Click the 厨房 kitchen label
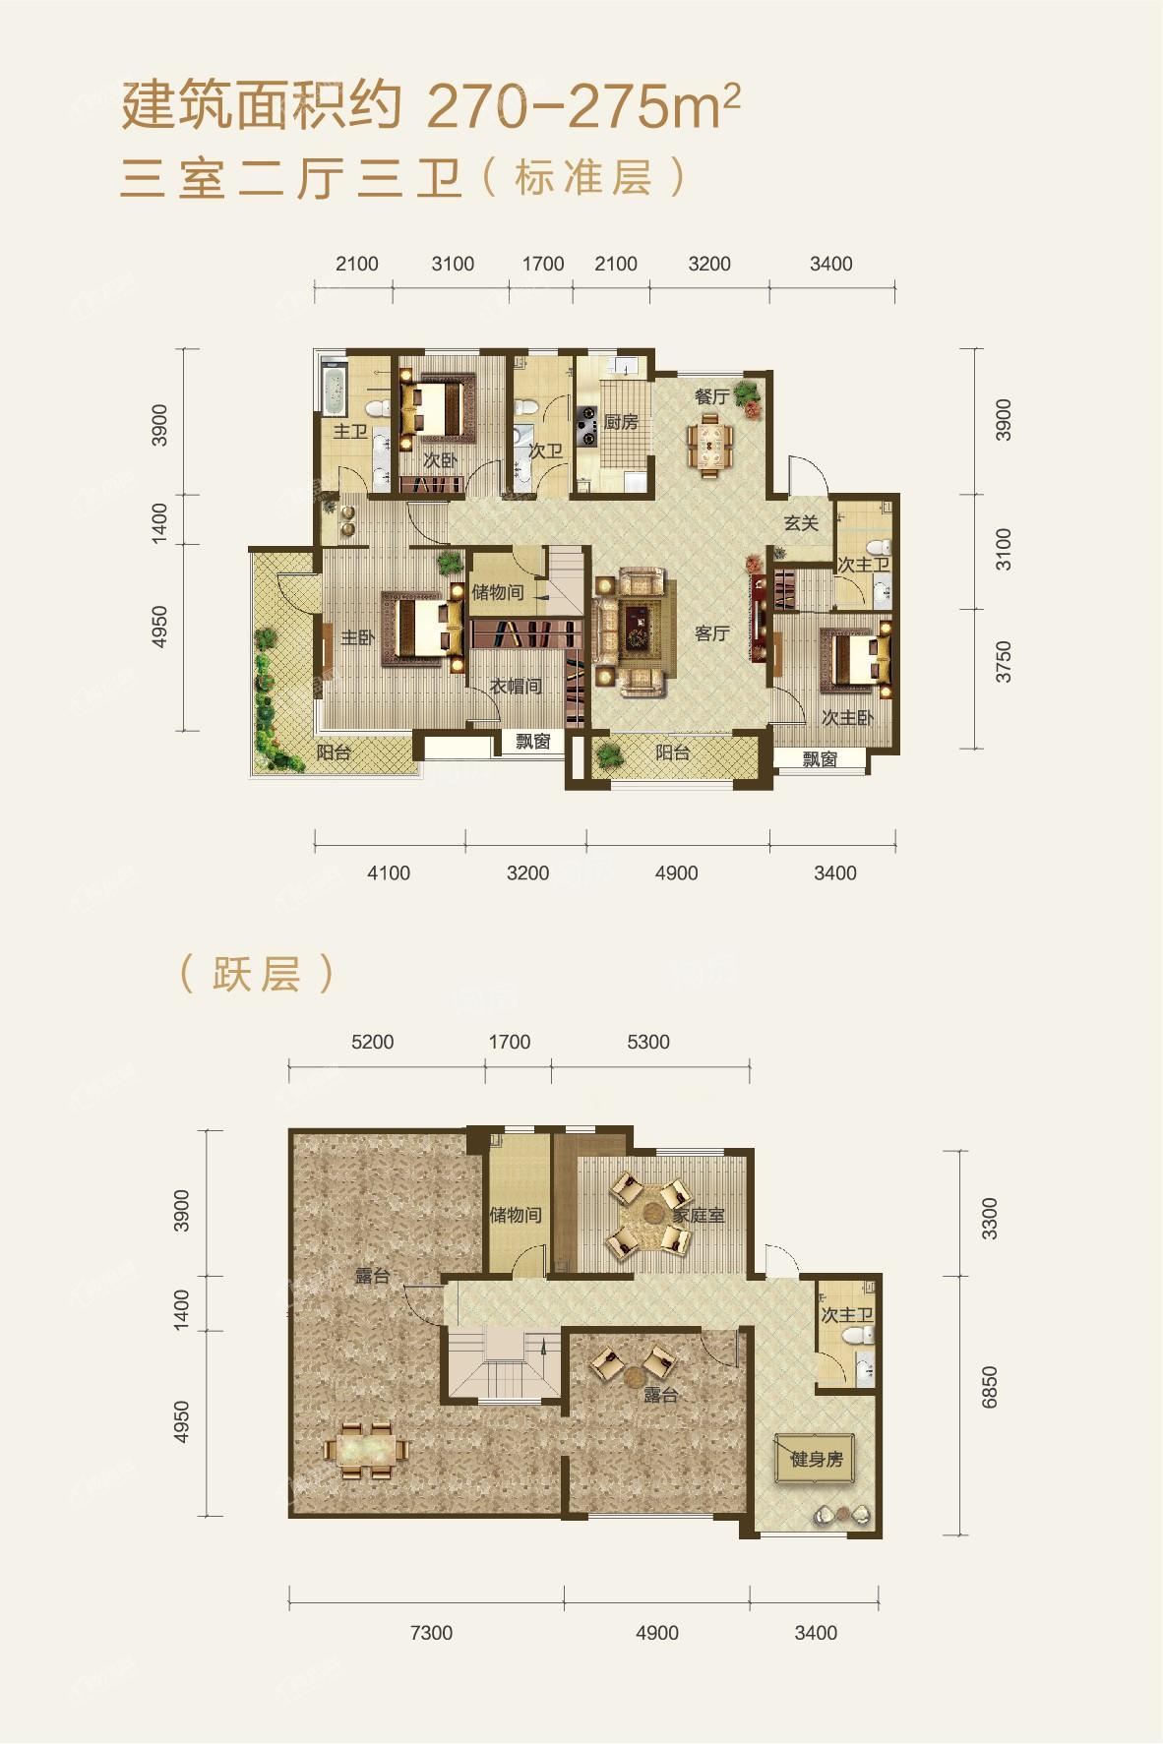(621, 422)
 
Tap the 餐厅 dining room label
(712, 396)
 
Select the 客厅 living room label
(711, 632)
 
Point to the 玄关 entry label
(801, 523)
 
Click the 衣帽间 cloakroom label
(517, 686)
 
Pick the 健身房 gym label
(817, 1460)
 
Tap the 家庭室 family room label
(698, 1216)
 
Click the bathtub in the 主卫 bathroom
(333, 391)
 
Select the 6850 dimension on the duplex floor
(989, 1386)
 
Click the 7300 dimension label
(431, 1633)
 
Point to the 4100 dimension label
(389, 872)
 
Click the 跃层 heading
(257, 973)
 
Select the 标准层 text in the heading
(581, 179)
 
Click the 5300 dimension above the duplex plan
(647, 1042)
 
